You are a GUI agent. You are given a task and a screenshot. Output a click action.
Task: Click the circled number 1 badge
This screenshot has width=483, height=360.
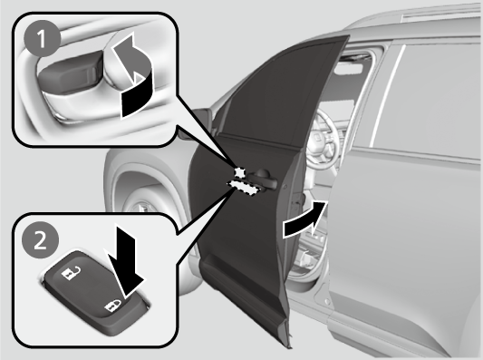point(43,38)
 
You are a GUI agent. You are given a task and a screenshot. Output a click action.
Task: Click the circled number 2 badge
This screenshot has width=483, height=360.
point(41,240)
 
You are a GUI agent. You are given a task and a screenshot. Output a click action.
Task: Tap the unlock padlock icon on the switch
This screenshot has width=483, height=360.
point(72,272)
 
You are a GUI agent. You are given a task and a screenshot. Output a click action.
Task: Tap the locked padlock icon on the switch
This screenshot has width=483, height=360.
point(112,306)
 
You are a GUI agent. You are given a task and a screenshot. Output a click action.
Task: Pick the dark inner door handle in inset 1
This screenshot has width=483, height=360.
point(69,73)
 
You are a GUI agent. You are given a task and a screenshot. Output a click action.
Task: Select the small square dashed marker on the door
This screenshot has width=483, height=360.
point(239,172)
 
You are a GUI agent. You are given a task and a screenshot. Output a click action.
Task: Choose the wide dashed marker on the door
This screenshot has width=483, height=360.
point(244,188)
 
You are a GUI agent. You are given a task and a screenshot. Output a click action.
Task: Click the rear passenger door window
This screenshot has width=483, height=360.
point(427,99)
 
